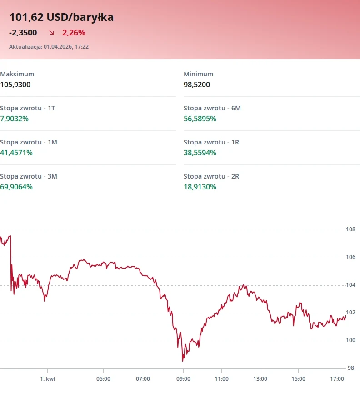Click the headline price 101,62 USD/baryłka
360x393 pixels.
point(61,17)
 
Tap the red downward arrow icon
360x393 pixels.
point(51,32)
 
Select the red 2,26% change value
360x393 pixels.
point(74,33)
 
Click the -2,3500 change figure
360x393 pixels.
point(23,33)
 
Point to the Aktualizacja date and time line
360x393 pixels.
point(49,47)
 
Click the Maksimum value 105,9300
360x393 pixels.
point(15,85)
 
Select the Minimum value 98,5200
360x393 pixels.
point(197,85)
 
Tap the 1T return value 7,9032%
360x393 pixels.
point(14,119)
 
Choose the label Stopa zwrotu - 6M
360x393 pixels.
point(212,108)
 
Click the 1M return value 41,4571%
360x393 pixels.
point(16,153)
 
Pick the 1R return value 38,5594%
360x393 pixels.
point(200,153)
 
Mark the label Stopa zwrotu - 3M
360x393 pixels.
point(29,176)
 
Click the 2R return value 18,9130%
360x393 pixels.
point(200,187)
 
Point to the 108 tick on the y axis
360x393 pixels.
point(350,229)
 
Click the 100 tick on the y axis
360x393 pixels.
point(350,340)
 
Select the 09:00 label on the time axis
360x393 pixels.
point(183,379)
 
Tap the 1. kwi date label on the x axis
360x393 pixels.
point(48,379)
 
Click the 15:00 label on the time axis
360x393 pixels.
point(298,379)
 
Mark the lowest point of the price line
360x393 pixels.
point(183,361)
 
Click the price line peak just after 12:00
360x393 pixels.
point(243,285)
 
